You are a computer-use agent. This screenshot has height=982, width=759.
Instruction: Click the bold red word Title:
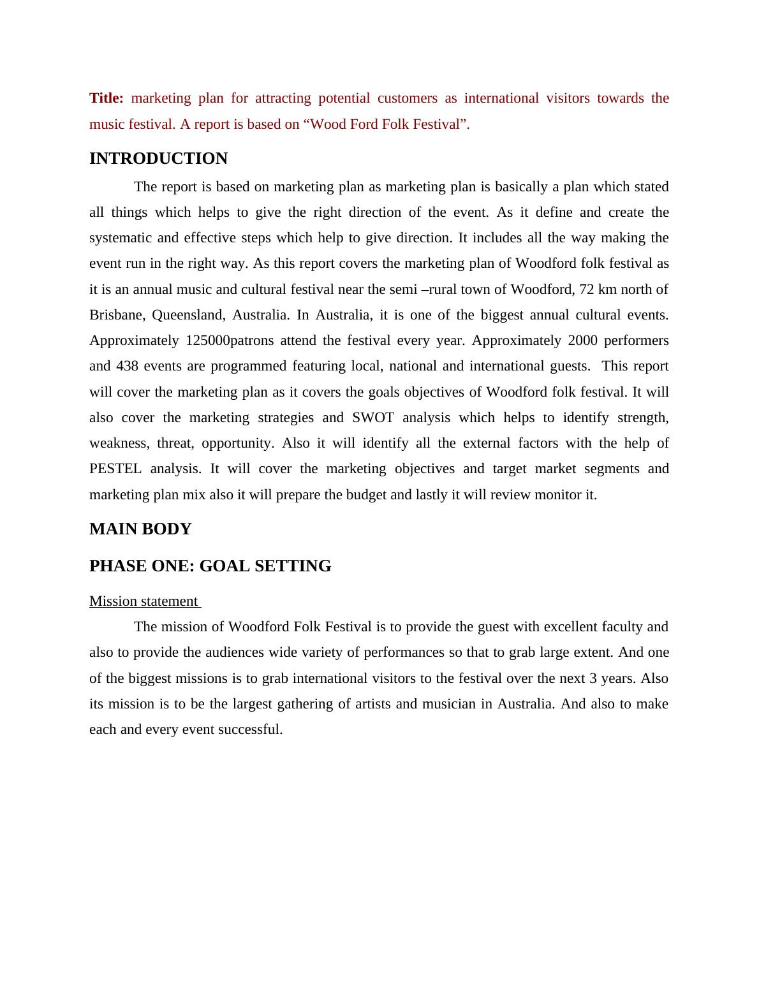tap(107, 98)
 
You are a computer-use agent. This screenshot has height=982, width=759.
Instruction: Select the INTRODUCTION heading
tap(158, 159)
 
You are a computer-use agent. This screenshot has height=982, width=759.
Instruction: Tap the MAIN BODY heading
tap(140, 529)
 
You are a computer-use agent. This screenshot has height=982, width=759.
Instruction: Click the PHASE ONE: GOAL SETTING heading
tap(210, 566)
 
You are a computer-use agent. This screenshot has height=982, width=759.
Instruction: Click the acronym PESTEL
tap(115, 469)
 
